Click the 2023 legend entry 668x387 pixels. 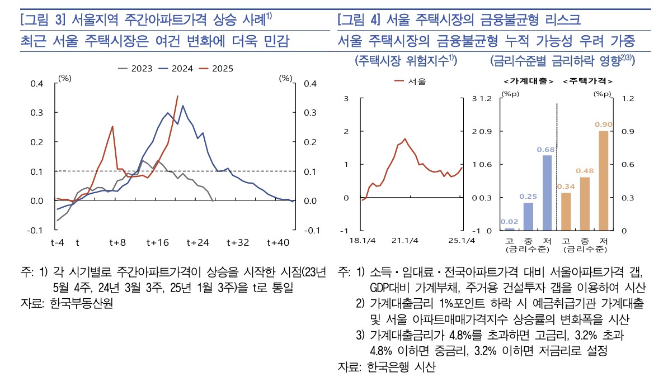135,69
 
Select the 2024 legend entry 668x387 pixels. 176,69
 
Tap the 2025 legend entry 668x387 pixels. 216,69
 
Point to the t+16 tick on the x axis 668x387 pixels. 157,242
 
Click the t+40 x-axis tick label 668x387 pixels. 277,242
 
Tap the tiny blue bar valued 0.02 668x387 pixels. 510,229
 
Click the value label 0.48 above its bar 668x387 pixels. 585,171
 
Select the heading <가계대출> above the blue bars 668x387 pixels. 528,82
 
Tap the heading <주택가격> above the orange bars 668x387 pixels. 585,82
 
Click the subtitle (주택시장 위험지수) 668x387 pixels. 406,60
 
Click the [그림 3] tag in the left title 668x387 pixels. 44,20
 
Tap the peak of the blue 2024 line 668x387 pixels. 182,106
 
